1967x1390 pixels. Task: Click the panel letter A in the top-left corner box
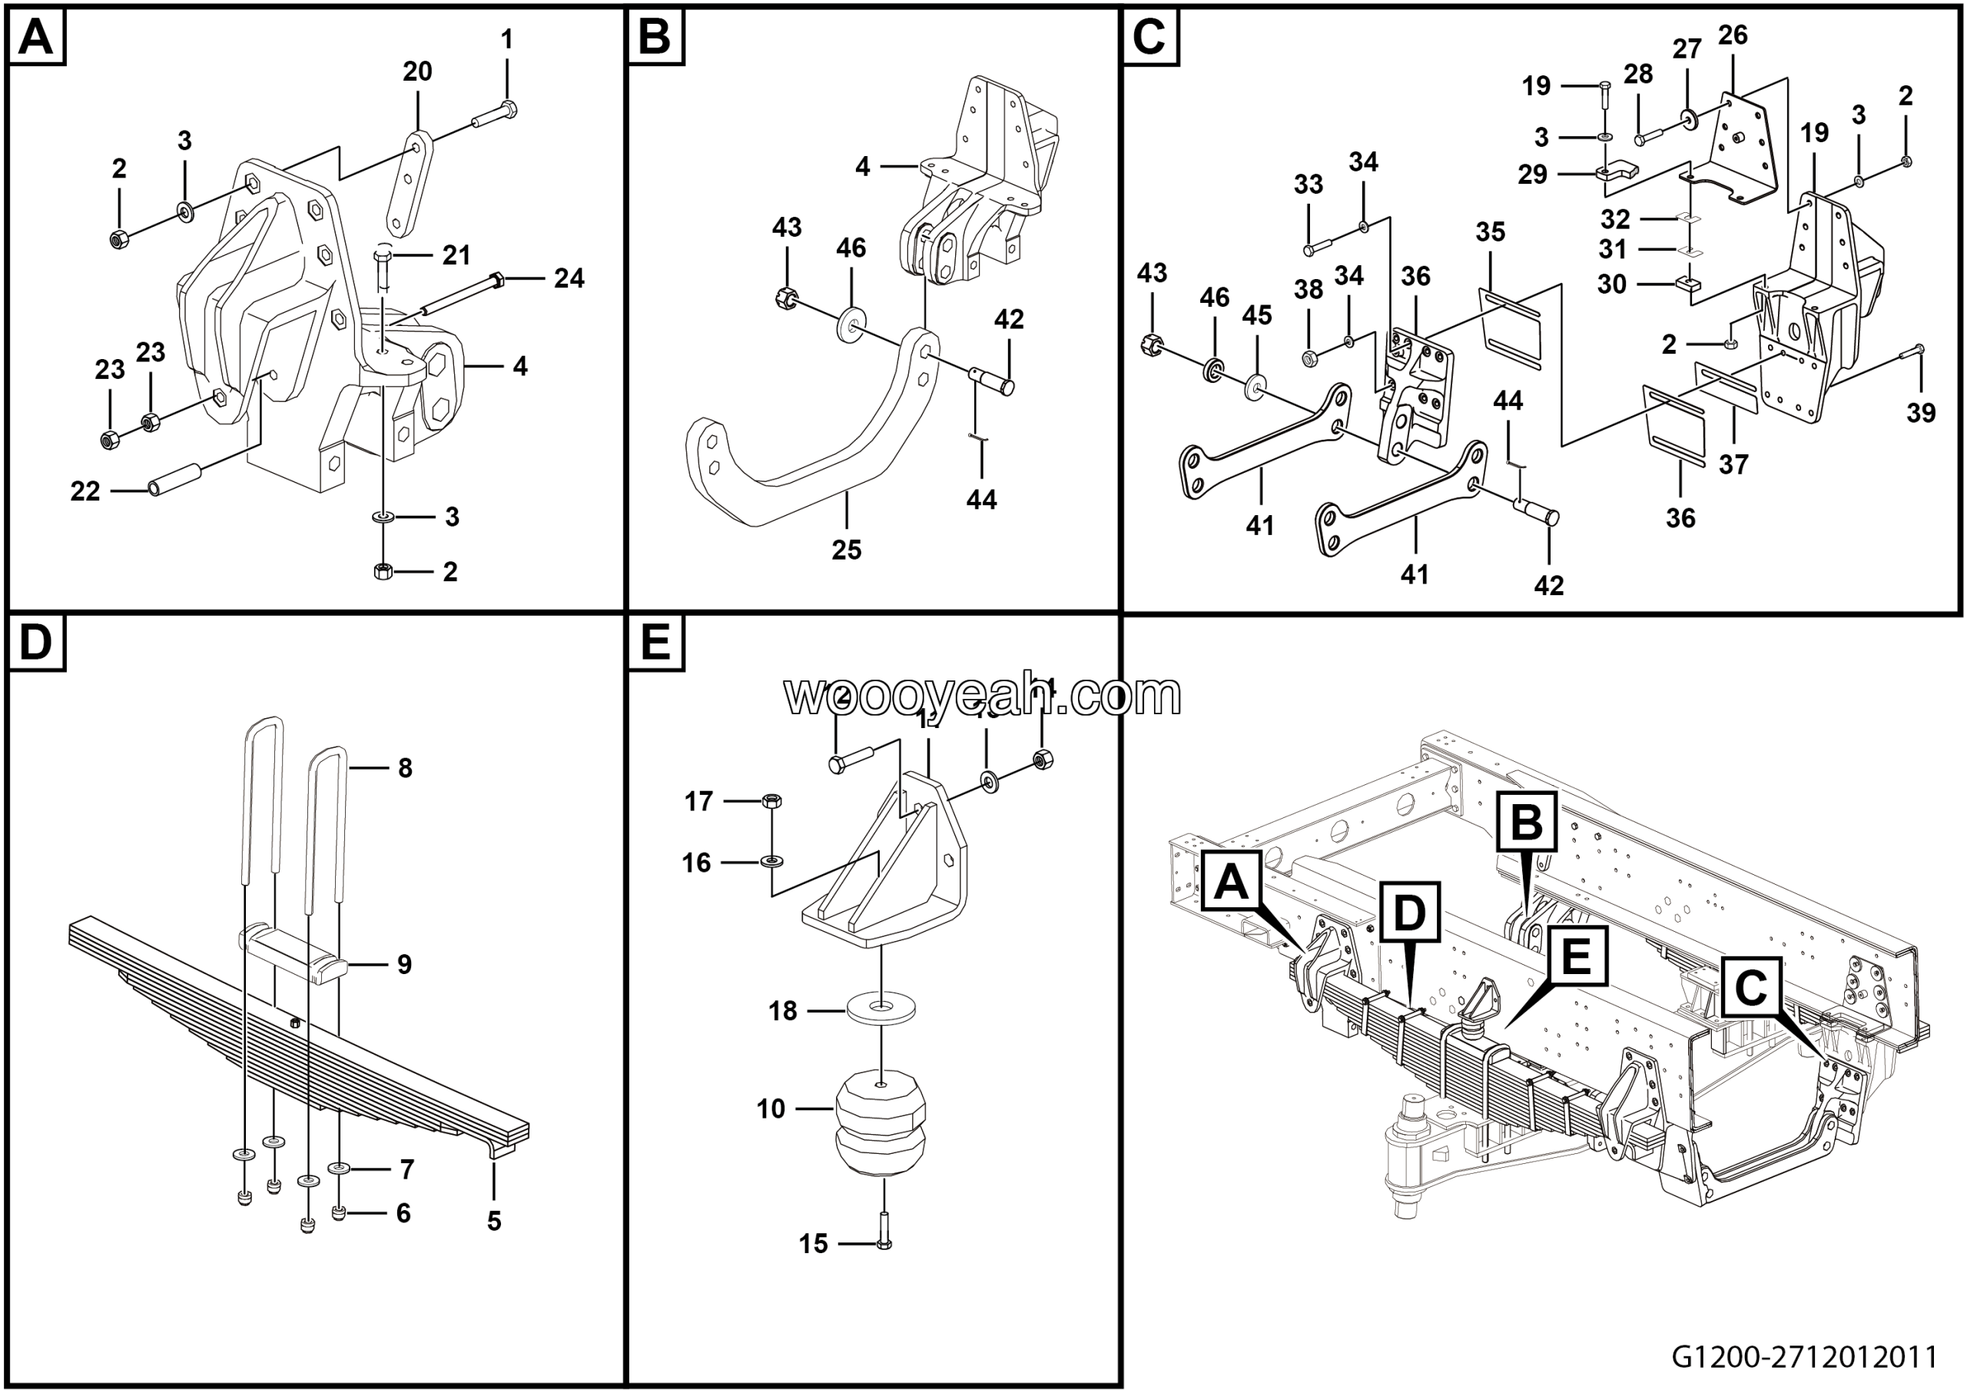(x=36, y=38)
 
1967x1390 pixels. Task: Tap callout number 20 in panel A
(x=417, y=72)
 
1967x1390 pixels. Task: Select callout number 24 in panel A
(x=569, y=278)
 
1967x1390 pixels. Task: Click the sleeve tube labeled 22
(x=174, y=480)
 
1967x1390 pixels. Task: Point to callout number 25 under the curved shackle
(x=847, y=550)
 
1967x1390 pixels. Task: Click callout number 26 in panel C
(x=1732, y=35)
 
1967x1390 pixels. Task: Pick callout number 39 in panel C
(x=1921, y=413)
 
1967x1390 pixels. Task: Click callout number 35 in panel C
(x=1491, y=232)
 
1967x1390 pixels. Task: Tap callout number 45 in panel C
(x=1257, y=315)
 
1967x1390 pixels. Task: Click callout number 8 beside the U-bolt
(x=405, y=768)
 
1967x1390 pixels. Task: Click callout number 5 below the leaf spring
(x=494, y=1221)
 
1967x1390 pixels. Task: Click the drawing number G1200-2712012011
(x=1805, y=1358)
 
